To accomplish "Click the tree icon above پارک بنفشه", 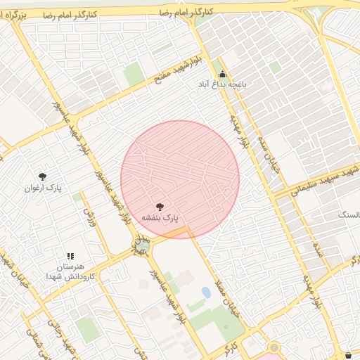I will pyautogui.click(x=160, y=207).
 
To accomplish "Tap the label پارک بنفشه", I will pyautogui.click(x=160, y=218).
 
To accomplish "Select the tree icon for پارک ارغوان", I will pyautogui.click(x=43, y=177).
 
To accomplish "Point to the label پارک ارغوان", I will pyautogui.click(x=43, y=188).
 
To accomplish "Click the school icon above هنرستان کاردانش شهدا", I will pyautogui.click(x=70, y=257).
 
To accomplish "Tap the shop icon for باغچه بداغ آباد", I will pyautogui.click(x=223, y=75).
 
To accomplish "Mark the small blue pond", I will pyautogui.click(x=206, y=292).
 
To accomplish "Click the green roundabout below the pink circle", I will pyautogui.click(x=143, y=245).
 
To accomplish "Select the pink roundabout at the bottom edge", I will pyautogui.click(x=273, y=349).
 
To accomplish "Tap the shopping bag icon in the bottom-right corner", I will pyautogui.click(x=349, y=354).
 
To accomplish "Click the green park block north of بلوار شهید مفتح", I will pyautogui.click(x=134, y=74).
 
